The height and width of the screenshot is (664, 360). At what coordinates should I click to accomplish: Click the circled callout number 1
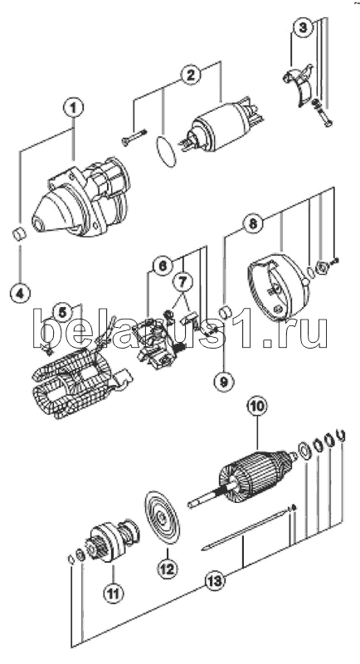74,108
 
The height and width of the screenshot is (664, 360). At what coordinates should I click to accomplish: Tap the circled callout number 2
191,75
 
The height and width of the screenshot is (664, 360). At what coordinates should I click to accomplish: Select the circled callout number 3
302,28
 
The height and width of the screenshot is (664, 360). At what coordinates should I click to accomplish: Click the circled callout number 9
224,382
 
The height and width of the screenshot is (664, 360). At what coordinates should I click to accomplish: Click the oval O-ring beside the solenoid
165,151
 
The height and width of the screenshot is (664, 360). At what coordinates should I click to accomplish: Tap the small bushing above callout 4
19,234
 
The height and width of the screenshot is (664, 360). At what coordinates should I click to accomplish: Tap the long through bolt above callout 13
246,529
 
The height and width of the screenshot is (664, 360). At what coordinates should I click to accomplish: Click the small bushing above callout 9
224,314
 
